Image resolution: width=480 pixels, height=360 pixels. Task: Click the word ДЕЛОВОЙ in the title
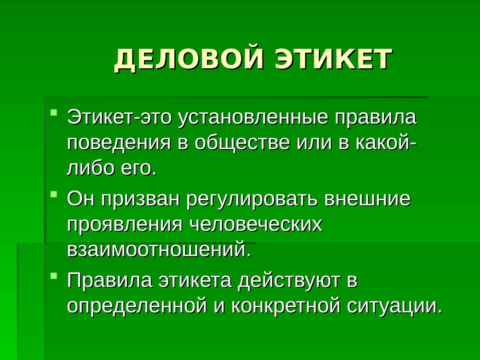(189, 59)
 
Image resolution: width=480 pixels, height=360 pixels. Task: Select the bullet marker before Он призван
(54, 194)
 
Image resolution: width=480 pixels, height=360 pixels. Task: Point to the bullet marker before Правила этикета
(54, 275)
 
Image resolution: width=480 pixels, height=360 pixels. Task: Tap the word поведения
(119, 144)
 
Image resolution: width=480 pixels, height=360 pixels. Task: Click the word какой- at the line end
(386, 143)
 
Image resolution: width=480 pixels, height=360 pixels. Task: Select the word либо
(89, 168)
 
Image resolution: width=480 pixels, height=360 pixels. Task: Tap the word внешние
(367, 199)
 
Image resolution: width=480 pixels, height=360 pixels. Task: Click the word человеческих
(256, 225)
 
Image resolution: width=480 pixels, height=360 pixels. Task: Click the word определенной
(137, 306)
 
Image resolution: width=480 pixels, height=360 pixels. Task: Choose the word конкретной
(286, 306)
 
